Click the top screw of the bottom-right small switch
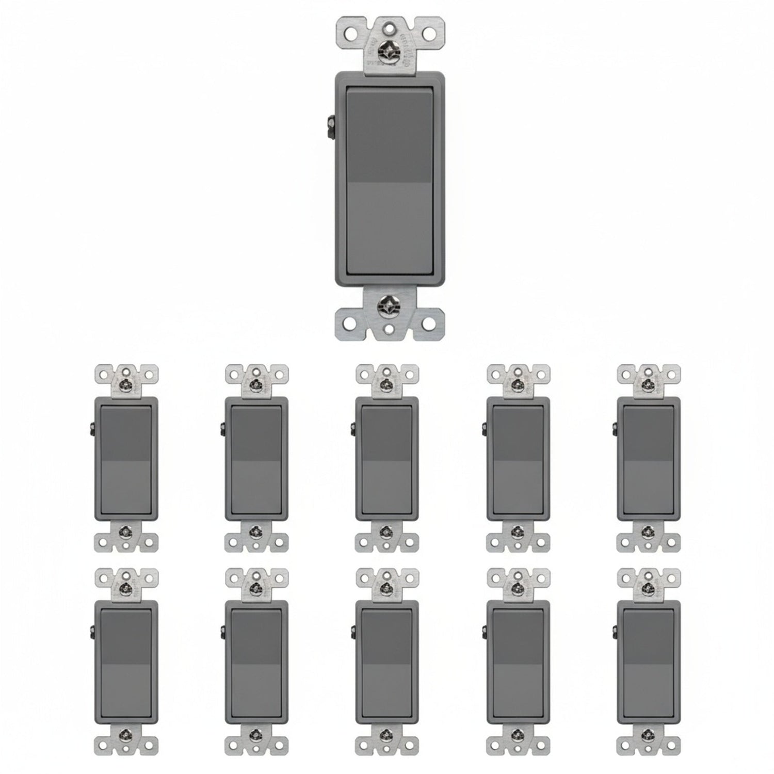coord(648,587)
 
